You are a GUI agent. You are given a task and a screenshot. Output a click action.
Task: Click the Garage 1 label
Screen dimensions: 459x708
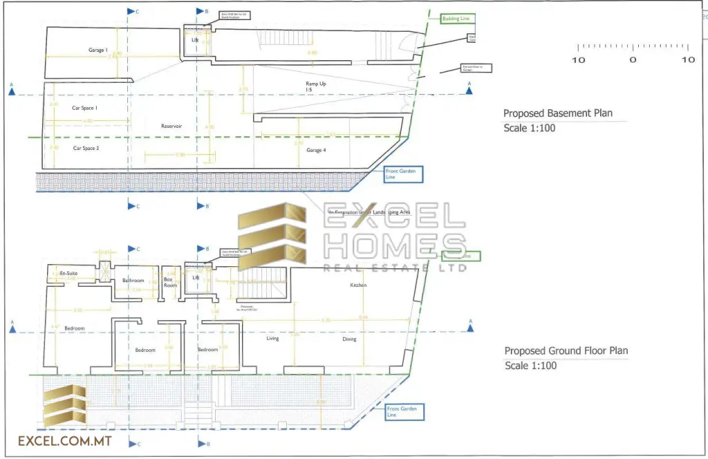click(x=97, y=50)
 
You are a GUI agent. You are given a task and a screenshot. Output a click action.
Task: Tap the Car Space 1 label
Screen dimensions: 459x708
click(x=85, y=108)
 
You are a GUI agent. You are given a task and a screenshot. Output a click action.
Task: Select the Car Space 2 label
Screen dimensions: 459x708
click(x=86, y=148)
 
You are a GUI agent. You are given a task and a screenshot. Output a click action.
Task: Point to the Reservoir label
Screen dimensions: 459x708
click(x=171, y=126)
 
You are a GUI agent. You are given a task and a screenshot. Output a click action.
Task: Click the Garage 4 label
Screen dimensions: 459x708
click(x=315, y=149)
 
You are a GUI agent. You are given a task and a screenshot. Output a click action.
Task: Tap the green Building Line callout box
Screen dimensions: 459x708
click(x=456, y=19)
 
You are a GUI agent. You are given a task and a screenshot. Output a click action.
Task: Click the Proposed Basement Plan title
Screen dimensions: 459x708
click(x=557, y=113)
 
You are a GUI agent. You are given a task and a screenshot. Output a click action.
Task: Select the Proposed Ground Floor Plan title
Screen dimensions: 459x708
click(x=566, y=350)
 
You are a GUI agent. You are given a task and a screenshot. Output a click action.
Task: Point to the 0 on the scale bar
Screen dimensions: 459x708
click(x=633, y=60)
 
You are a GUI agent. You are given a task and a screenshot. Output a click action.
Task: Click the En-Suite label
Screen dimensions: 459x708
click(x=68, y=274)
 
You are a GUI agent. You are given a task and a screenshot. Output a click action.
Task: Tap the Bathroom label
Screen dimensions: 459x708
click(x=133, y=281)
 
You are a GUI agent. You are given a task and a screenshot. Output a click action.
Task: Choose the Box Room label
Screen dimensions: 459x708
click(x=170, y=282)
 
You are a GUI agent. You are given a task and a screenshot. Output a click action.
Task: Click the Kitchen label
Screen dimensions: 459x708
click(x=358, y=285)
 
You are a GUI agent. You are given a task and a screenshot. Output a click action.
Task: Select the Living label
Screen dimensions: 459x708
click(x=272, y=339)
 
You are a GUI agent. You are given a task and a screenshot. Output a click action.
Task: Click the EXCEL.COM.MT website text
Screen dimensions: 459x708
click(x=65, y=440)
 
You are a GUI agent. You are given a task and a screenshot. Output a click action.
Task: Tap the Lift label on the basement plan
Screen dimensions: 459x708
click(x=195, y=40)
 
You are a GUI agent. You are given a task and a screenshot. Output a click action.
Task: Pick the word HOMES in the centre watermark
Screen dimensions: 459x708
click(x=395, y=247)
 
